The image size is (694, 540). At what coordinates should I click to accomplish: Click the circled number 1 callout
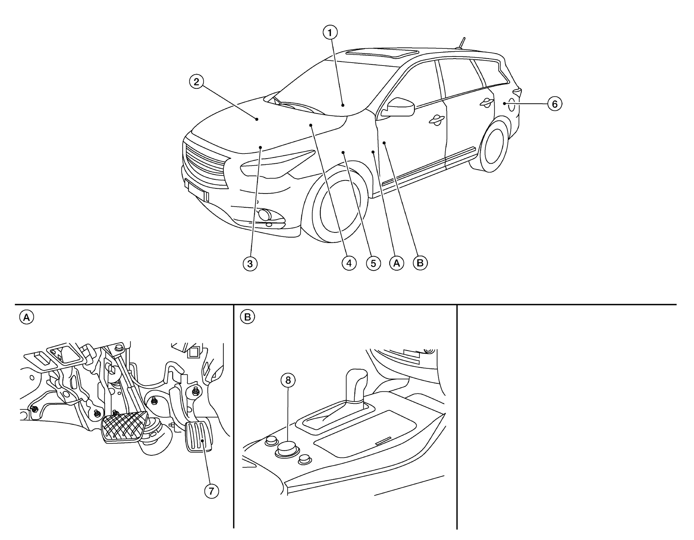[x=330, y=33]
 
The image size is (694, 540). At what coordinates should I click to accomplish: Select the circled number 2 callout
[x=196, y=81]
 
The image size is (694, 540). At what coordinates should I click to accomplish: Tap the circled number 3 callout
[x=250, y=263]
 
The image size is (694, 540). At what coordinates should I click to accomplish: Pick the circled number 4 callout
[x=349, y=263]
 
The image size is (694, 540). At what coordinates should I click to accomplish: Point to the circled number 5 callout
[x=373, y=263]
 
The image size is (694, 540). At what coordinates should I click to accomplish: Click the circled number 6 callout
[x=555, y=104]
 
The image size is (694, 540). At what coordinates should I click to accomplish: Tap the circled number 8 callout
[x=288, y=381]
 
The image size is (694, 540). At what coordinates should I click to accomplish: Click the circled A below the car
[x=397, y=263]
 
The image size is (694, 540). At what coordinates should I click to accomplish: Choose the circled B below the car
[x=420, y=263]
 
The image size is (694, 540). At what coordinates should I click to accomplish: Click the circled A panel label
[x=27, y=317]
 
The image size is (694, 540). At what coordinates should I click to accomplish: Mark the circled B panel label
[x=247, y=317]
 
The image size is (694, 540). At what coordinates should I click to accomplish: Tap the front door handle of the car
[x=436, y=121]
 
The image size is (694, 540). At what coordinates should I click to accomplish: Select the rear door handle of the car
[x=486, y=102]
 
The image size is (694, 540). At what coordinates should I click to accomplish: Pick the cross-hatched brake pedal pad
[x=124, y=427]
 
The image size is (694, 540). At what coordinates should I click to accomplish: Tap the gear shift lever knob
[x=356, y=386]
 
